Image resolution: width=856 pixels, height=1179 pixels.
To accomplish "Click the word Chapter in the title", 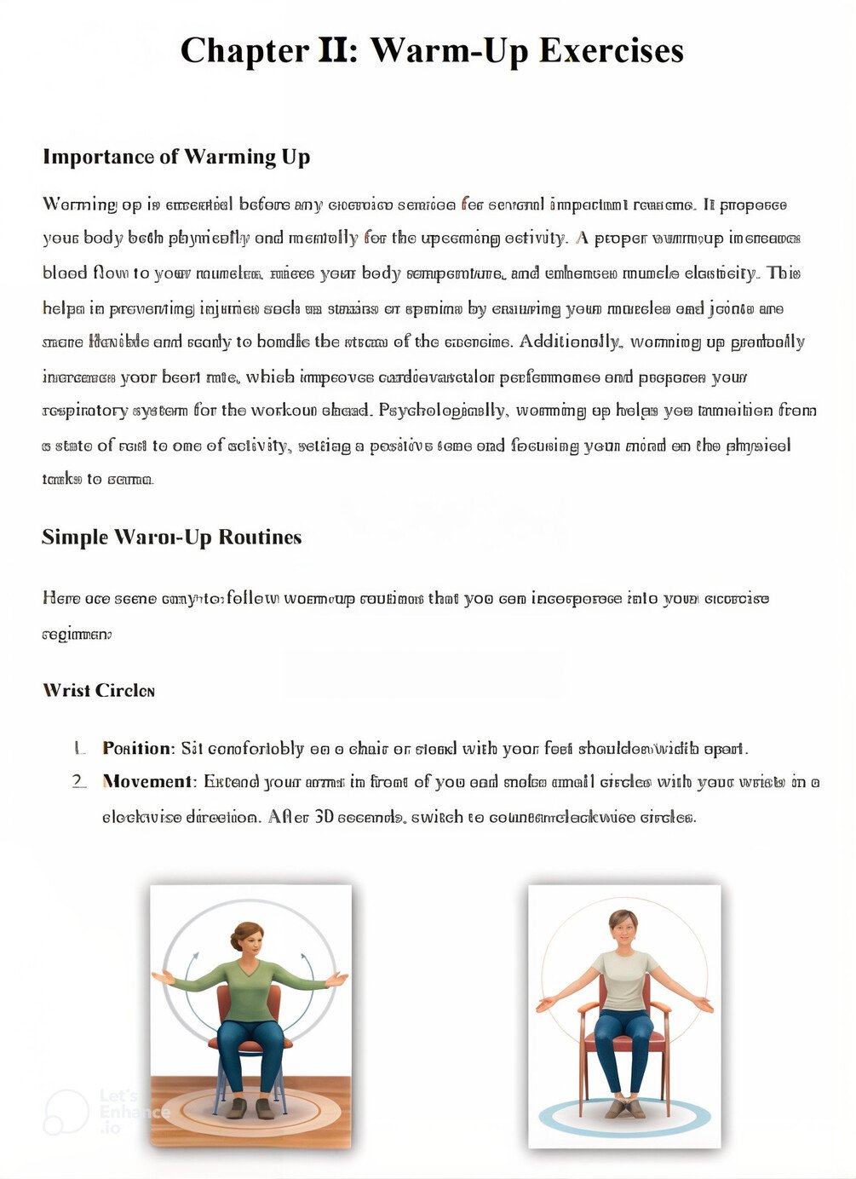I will tap(244, 51).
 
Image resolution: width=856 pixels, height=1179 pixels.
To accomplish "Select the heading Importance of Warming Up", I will tap(176, 157).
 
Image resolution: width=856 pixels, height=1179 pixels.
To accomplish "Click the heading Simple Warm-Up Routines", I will tap(172, 538).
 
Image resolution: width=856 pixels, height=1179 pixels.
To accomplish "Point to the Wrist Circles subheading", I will tap(99, 690).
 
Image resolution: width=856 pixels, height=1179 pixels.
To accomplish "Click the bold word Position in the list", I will tap(136, 748).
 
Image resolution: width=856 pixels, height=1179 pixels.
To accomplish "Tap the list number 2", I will tap(79, 781).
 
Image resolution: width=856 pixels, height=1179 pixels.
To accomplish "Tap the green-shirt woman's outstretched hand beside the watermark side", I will tap(162, 977).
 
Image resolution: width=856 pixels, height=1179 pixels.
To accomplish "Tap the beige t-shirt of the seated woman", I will tap(624, 980).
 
